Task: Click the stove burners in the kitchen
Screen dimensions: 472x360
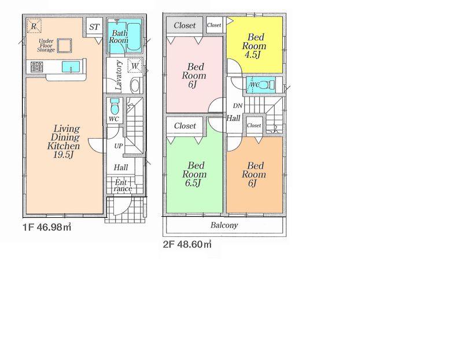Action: (x=36, y=67)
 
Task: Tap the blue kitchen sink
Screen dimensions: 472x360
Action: (x=71, y=66)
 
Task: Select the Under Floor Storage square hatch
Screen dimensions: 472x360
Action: (x=64, y=46)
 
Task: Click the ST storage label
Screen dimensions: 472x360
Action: (x=94, y=27)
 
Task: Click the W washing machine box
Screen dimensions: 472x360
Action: (x=135, y=65)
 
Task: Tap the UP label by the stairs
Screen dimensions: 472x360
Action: (x=119, y=146)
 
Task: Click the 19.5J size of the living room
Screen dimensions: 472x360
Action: (x=64, y=155)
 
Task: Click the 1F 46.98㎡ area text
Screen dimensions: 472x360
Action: (x=47, y=227)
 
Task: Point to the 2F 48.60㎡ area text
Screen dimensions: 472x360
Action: (x=187, y=244)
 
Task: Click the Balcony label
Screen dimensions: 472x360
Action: (x=224, y=225)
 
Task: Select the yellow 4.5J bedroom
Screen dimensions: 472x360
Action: (x=255, y=44)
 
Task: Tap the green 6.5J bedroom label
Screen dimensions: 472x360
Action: (x=194, y=174)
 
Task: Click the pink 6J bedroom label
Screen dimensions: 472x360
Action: (x=194, y=76)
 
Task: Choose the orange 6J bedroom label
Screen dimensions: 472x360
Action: (x=254, y=175)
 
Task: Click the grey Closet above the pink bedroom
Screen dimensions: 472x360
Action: (x=185, y=26)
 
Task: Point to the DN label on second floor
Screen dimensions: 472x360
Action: (x=238, y=106)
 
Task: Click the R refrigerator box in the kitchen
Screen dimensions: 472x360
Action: (x=34, y=26)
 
